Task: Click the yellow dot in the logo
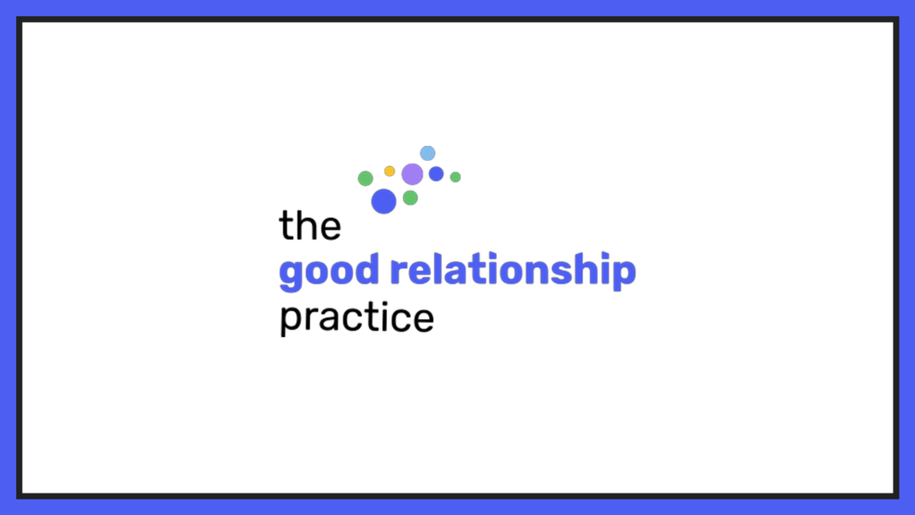[x=390, y=171]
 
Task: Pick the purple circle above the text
[x=412, y=174]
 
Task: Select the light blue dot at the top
[x=428, y=153]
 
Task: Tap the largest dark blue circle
[x=383, y=201]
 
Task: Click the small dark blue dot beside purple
[x=436, y=173]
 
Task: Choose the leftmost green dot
[x=365, y=178]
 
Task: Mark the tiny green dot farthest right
[x=456, y=177]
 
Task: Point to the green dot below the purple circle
[x=410, y=198]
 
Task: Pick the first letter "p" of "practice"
[x=290, y=321]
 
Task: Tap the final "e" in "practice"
[x=424, y=320]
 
